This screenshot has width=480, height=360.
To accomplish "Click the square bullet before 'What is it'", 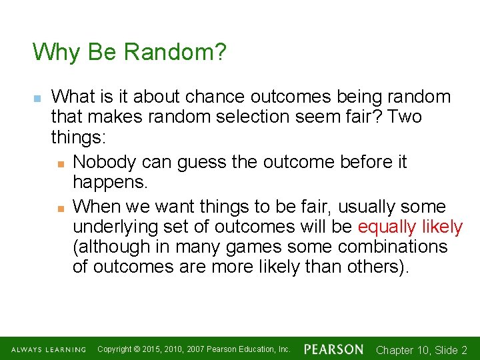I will coord(37,97).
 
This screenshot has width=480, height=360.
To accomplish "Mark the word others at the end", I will coord(375,267).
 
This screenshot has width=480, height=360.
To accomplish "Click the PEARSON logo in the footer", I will coord(333,349).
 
